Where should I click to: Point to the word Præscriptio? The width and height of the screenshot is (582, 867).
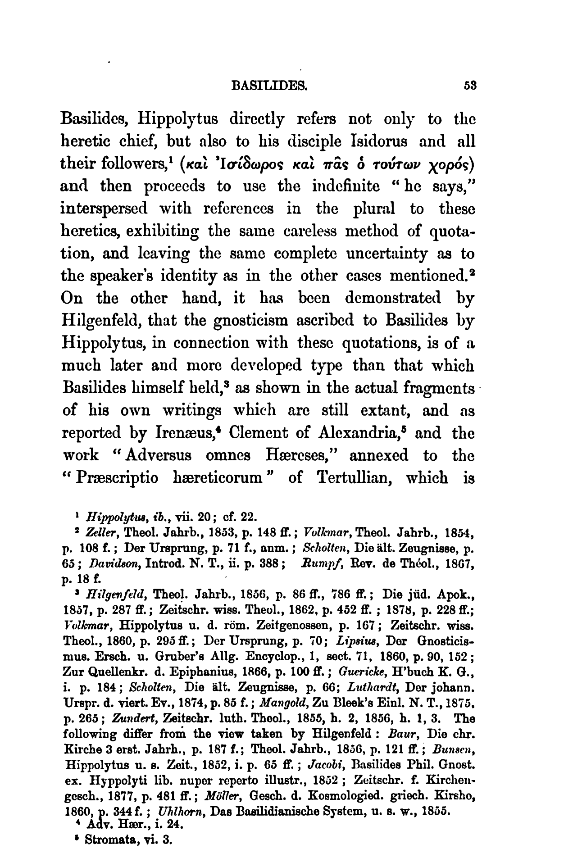114,478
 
